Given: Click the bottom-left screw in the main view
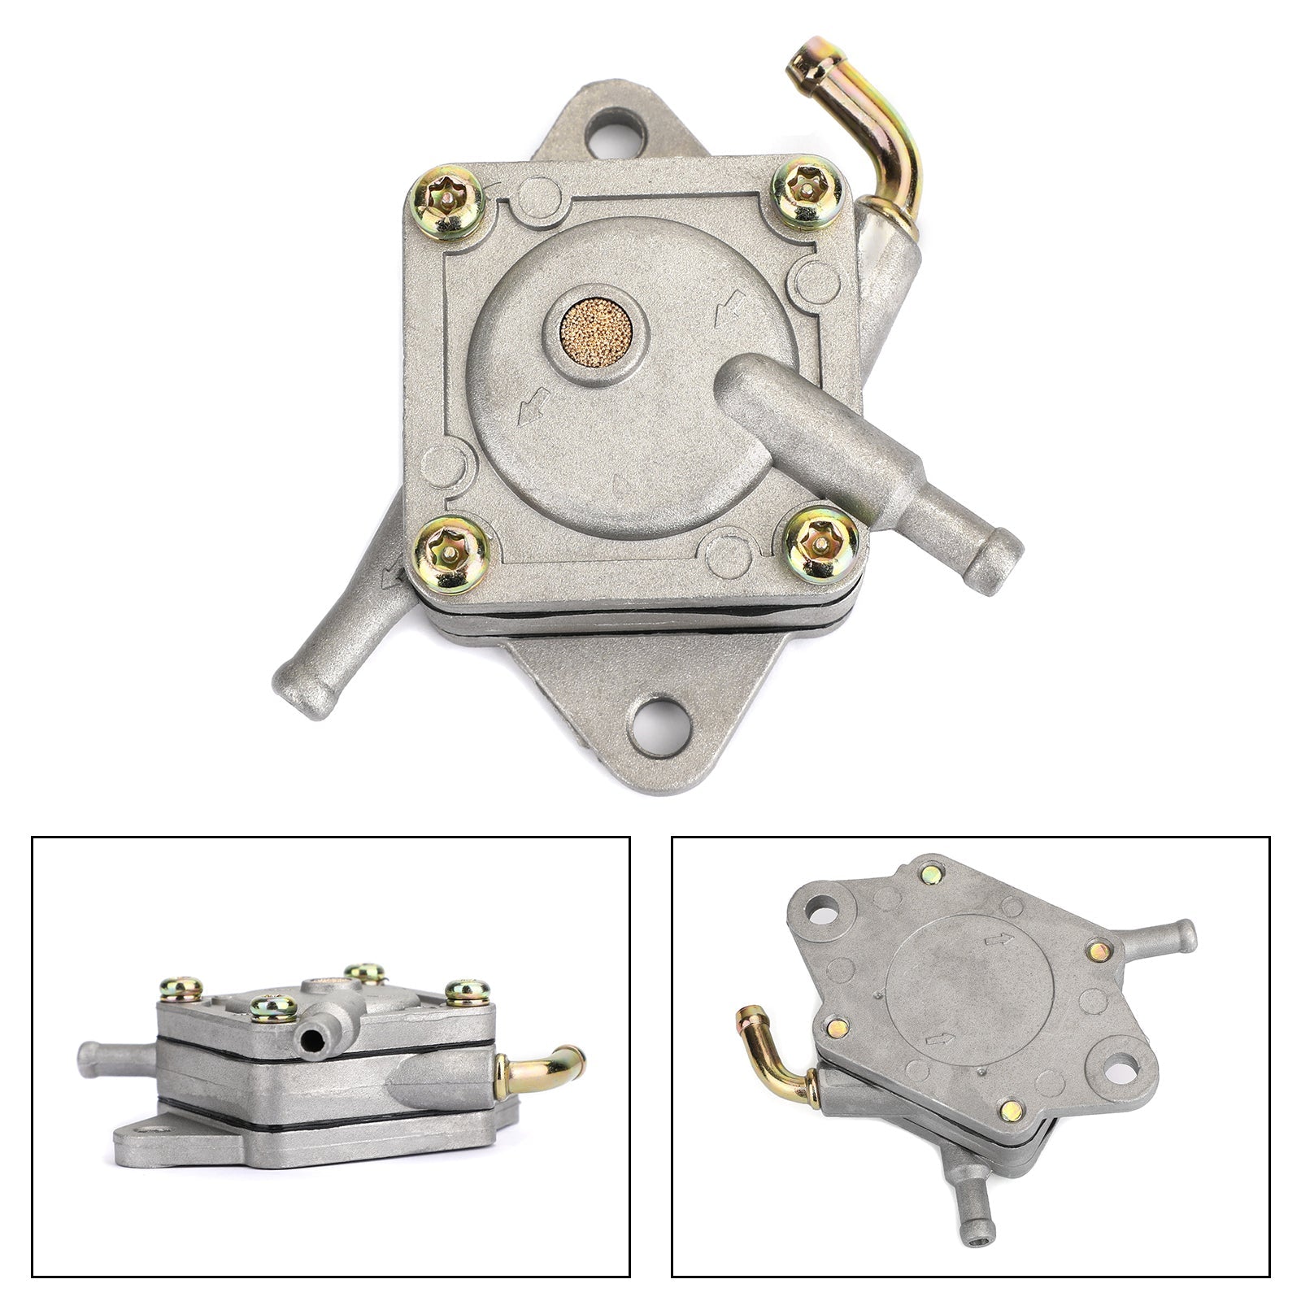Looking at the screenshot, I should [x=451, y=554].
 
